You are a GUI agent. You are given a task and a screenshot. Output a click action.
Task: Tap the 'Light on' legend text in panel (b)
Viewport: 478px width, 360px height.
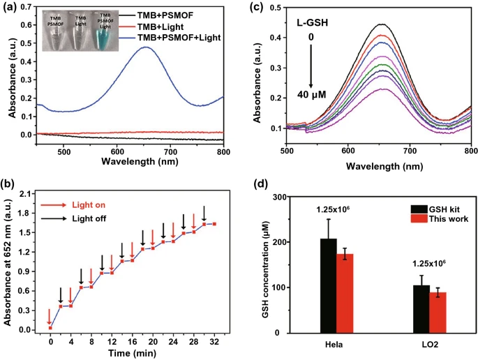click(x=90, y=204)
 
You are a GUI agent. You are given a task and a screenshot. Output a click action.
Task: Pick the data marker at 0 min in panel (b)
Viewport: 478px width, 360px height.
click(x=50, y=327)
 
